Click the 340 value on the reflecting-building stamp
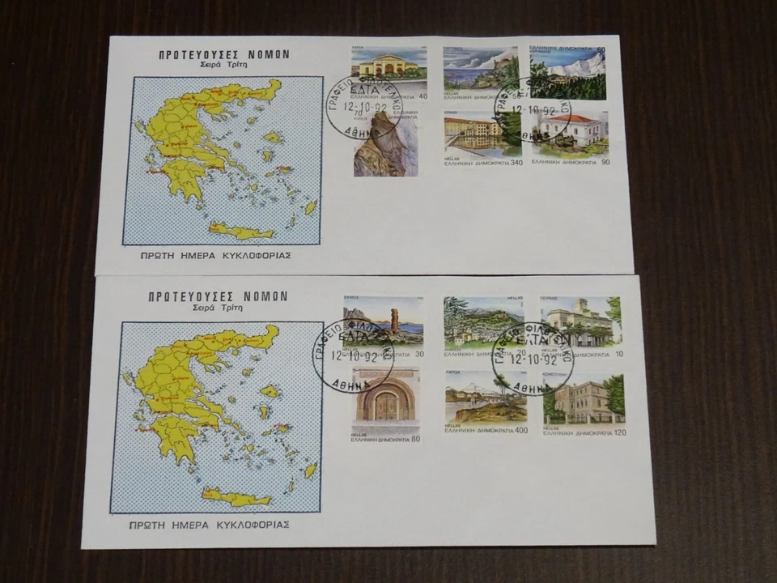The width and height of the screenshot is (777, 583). (x=516, y=163)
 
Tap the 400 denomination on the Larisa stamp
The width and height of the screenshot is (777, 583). (x=520, y=430)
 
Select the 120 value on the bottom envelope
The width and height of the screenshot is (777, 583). (x=618, y=433)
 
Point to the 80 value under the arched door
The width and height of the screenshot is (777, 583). (x=415, y=440)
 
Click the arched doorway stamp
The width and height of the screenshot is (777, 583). (x=386, y=400)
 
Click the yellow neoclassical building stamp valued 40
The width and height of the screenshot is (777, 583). (x=388, y=71)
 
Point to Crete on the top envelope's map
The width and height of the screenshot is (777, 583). (x=241, y=232)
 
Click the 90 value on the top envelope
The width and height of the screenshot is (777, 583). (x=603, y=163)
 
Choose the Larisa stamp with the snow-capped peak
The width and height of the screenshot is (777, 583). (x=485, y=398)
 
